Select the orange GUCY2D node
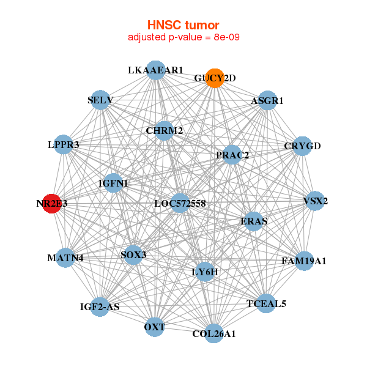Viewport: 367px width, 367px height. coord(214,78)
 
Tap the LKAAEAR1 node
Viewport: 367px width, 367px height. coord(156,70)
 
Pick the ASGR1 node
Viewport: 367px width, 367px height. coord(267,100)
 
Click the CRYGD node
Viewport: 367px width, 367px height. coord(302,146)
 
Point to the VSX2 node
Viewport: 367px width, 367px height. coord(314,201)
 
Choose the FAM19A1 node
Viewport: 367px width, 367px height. coord(303,261)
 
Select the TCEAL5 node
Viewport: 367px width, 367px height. coord(265,303)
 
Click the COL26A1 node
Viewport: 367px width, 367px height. coord(213,333)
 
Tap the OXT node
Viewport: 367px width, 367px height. coord(155,327)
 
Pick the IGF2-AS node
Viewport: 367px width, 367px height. coord(100,306)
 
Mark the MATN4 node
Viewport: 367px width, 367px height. coord(65,258)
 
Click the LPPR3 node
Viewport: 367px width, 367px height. coord(64,145)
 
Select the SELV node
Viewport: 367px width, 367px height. coord(101,100)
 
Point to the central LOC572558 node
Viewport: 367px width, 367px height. coord(179,202)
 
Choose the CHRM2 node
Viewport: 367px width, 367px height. coord(164,130)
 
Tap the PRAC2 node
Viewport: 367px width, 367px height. coord(232,155)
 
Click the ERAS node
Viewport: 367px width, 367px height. coord(253,221)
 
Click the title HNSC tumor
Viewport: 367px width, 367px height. coord(183,25)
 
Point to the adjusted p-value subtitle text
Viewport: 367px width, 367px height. coord(183,37)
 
